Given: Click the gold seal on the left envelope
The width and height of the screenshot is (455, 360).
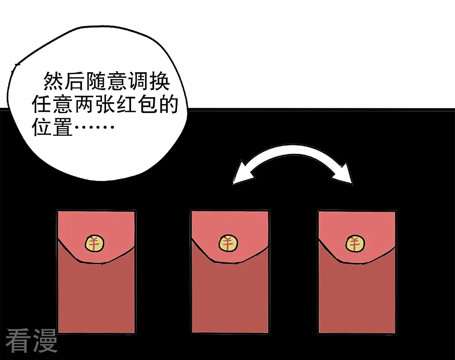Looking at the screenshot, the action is click(95, 243).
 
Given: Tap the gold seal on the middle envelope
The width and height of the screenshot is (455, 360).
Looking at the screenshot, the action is click(228, 243).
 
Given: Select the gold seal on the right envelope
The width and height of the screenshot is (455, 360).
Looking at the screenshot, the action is click(355, 243).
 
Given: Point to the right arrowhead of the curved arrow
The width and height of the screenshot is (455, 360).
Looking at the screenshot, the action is click(344, 174).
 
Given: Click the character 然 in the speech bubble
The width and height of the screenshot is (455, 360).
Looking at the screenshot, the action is click(53, 81).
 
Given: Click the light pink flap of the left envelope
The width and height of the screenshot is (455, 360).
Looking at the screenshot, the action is click(96, 225).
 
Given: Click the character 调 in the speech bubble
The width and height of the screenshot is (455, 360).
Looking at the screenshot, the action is click(138, 81).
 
